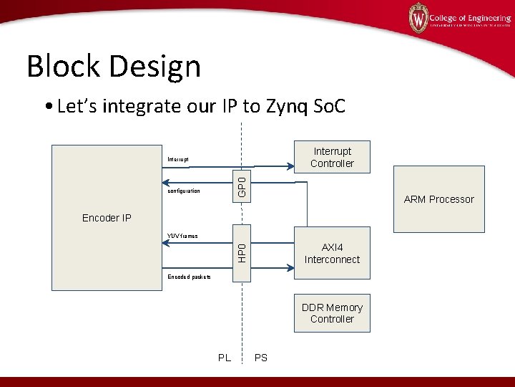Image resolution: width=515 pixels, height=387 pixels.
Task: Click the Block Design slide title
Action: (x=114, y=67)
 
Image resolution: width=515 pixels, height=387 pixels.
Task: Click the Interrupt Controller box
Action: (x=332, y=158)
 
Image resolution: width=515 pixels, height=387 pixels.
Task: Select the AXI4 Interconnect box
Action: (x=332, y=254)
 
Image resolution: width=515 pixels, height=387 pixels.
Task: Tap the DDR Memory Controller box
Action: (x=332, y=313)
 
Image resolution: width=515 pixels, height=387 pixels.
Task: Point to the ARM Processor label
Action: (x=438, y=199)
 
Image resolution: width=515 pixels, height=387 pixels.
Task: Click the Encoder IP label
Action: (x=107, y=218)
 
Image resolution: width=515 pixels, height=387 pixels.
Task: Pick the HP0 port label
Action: (x=242, y=252)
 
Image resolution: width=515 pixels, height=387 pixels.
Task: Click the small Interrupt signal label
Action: (x=177, y=159)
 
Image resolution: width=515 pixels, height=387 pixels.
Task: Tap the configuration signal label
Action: (x=184, y=191)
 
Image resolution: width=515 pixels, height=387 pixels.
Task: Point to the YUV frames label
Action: (x=182, y=236)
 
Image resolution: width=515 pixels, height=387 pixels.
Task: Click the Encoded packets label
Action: (x=189, y=277)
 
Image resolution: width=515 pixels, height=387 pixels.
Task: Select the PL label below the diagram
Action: (x=224, y=358)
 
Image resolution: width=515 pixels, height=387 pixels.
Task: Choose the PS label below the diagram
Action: (x=261, y=358)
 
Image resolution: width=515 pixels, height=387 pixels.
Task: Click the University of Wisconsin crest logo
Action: (x=418, y=18)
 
